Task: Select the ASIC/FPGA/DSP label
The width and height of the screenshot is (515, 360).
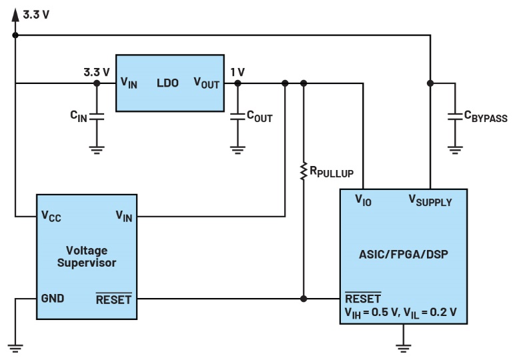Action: coord(403,253)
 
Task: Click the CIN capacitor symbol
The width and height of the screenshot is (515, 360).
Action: coord(97,116)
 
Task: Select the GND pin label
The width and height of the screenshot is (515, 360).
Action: coord(53,298)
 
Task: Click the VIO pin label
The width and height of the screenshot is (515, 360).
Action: coord(364,199)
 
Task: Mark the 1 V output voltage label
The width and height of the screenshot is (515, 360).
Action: coord(237,72)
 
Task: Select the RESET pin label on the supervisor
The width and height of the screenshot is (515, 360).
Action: coord(113,299)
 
